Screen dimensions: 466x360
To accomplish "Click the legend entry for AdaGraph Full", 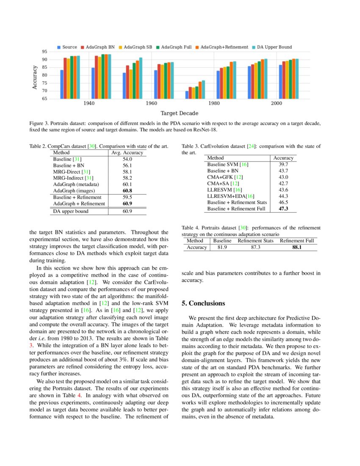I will [176, 47].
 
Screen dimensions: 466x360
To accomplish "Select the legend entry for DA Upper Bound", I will [274, 47].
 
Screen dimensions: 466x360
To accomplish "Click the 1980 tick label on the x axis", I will [214, 104].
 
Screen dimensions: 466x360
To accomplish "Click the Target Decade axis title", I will [179, 113].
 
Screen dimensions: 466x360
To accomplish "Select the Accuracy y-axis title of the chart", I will [35, 75].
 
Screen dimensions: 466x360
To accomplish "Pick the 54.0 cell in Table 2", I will [127, 159].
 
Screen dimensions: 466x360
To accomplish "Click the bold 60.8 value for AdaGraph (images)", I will [127, 191].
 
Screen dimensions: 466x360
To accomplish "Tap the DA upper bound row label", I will [71, 211].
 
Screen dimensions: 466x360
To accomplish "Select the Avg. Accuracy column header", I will [127, 153].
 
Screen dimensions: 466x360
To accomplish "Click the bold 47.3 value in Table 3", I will [283, 209].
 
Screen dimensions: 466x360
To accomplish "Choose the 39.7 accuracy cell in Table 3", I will [283, 164].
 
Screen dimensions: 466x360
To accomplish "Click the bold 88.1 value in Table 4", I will [297, 247].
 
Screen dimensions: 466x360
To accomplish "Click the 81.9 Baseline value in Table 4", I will [222, 247].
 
